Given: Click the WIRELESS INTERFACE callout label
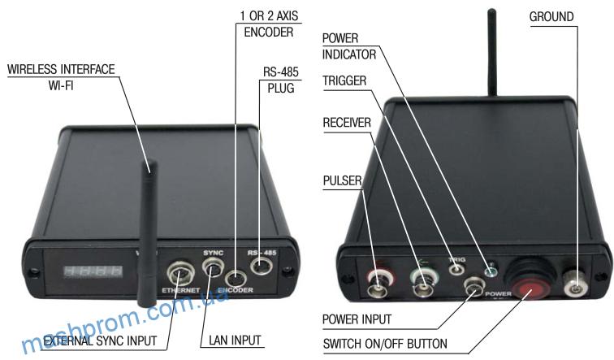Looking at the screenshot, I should [x=60, y=76].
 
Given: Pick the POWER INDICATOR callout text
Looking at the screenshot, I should [x=351, y=47].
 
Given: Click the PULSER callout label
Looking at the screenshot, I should [x=342, y=179].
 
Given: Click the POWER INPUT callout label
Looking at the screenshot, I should [x=357, y=319].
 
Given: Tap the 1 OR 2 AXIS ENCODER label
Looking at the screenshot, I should [x=269, y=24].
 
